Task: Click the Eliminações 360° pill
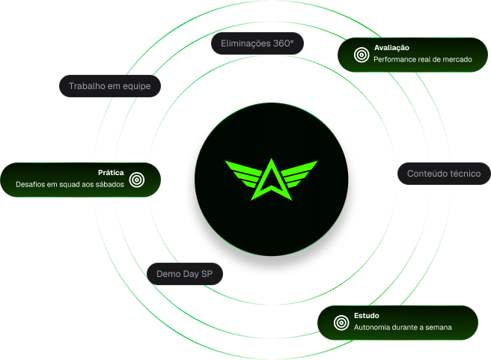(257, 44)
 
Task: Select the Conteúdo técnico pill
(443, 174)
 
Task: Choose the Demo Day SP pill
(184, 274)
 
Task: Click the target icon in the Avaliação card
(361, 54)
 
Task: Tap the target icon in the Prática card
(136, 179)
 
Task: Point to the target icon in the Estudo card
(341, 323)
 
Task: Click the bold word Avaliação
(391, 47)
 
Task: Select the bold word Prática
(110, 173)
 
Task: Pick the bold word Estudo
(368, 316)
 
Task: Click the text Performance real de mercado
(423, 59)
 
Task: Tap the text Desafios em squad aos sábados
(70, 185)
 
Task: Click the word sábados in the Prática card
(109, 185)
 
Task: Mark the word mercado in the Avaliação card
(457, 59)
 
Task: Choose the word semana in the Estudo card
(436, 328)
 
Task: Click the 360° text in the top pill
(282, 44)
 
